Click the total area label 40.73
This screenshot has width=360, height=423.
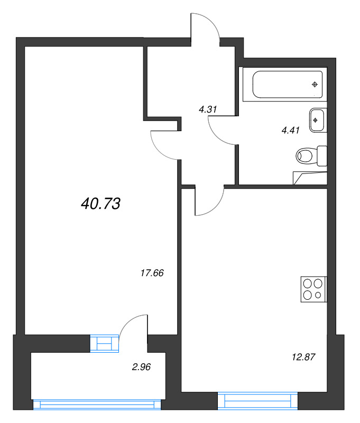[101, 204]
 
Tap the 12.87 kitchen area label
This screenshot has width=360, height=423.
[303, 357]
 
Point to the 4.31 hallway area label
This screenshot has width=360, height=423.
[208, 110]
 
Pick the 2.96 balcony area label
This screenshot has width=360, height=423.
[141, 365]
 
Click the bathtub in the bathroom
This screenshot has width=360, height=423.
[288, 85]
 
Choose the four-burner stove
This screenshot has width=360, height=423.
[312, 290]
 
